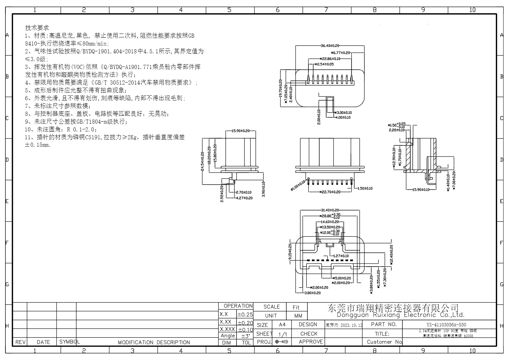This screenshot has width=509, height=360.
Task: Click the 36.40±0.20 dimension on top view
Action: [330, 46]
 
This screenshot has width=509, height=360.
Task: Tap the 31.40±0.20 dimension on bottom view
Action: [330, 210]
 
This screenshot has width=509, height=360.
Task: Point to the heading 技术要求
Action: [37, 28]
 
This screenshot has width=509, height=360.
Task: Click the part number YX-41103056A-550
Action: [446, 324]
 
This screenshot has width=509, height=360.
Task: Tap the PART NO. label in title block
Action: [384, 324]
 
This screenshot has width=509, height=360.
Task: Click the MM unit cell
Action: [298, 316]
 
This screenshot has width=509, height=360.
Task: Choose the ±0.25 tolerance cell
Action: [245, 314]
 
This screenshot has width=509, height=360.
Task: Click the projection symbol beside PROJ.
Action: [282, 342]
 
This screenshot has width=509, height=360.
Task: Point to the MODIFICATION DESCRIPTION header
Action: [154, 342]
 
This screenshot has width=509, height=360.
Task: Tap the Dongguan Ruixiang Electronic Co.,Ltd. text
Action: [400, 315]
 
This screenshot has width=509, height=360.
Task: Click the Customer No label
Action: [384, 342]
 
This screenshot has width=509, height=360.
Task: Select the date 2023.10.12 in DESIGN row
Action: [351, 325]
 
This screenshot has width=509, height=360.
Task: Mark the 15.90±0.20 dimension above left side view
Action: [240, 131]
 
